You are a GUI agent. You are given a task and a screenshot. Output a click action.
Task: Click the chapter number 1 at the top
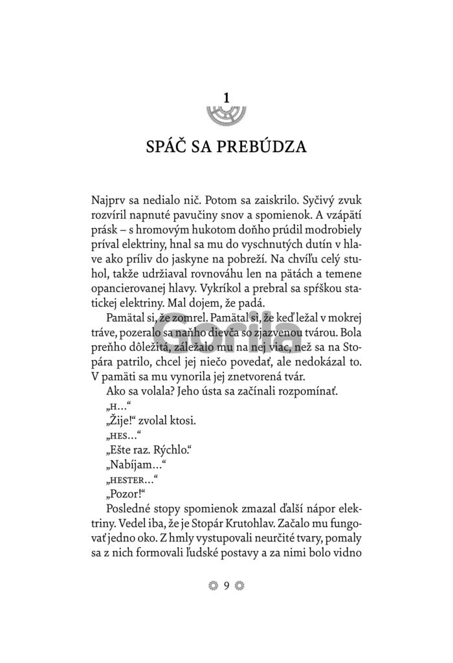pyautogui.click(x=226, y=98)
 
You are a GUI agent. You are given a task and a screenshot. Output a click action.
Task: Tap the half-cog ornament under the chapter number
pyautogui.click(x=226, y=114)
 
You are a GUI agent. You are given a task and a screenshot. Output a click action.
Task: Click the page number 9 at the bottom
pyautogui.click(x=226, y=586)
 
